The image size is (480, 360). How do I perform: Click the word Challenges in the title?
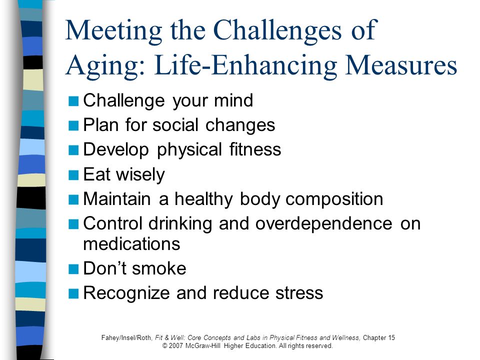point(277,30)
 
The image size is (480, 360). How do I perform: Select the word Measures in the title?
point(401,65)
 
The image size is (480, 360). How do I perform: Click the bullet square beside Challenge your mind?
point(73,100)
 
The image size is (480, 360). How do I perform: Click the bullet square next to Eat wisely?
point(73,175)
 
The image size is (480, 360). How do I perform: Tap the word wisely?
point(140,175)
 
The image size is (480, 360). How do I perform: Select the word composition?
point(334,199)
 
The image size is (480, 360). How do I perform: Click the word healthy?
point(203,199)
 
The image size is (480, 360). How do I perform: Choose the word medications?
point(131,244)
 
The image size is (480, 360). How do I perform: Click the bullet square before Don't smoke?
point(73,269)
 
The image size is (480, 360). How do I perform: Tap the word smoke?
point(159,268)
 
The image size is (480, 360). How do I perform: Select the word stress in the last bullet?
point(299,293)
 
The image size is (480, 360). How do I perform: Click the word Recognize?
point(126,293)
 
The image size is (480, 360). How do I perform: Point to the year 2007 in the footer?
point(176,346)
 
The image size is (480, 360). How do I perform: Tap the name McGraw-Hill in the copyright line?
point(202,346)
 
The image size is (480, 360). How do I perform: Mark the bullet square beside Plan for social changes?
point(73,125)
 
